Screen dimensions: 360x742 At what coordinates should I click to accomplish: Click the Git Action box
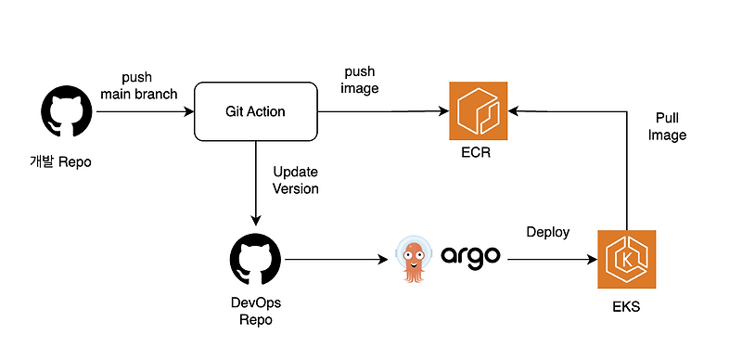pyautogui.click(x=255, y=111)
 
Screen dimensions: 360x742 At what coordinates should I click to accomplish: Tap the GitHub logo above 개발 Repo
pyautogui.click(x=66, y=111)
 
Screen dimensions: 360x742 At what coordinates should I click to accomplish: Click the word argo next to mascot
pyautogui.click(x=469, y=256)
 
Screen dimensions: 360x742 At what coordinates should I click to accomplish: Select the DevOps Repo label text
pyautogui.click(x=255, y=310)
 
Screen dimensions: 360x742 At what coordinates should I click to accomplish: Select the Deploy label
pyautogui.click(x=547, y=231)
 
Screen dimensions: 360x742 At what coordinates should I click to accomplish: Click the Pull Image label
pyautogui.click(x=669, y=126)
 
